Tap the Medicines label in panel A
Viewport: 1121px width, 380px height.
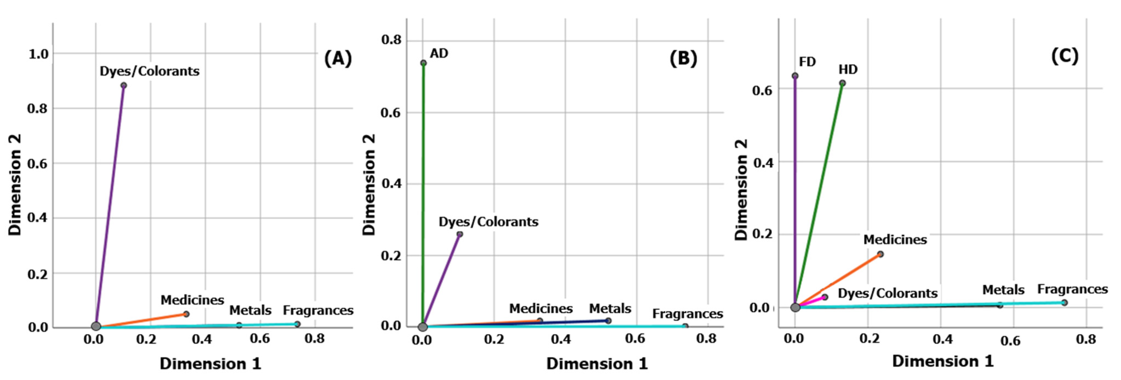click(192, 300)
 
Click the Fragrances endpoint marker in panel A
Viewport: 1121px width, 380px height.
click(297, 324)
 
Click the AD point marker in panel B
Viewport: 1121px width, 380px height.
click(423, 63)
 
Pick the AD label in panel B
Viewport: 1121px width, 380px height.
click(439, 53)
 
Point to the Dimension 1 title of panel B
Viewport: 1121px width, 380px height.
click(597, 364)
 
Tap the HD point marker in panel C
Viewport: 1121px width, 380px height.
click(842, 83)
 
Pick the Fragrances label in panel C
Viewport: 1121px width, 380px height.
click(1072, 289)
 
